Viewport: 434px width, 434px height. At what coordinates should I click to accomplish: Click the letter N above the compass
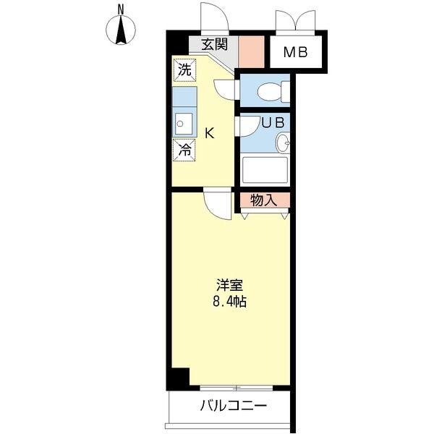click(x=122, y=9)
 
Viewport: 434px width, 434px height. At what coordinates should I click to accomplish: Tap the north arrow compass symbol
click(x=122, y=31)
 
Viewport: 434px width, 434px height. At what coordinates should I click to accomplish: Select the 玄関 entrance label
click(x=214, y=43)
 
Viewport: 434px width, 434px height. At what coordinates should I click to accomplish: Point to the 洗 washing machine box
click(x=184, y=70)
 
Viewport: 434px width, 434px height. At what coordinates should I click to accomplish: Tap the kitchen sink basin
click(x=184, y=124)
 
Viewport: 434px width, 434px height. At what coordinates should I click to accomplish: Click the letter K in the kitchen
click(x=208, y=133)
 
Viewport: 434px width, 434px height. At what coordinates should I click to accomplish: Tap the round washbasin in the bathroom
click(x=283, y=142)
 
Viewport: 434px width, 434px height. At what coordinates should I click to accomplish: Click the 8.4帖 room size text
click(x=230, y=302)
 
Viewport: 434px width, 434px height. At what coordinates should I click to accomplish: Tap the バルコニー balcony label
click(x=234, y=406)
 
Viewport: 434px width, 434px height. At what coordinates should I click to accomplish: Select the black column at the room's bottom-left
click(x=178, y=378)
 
